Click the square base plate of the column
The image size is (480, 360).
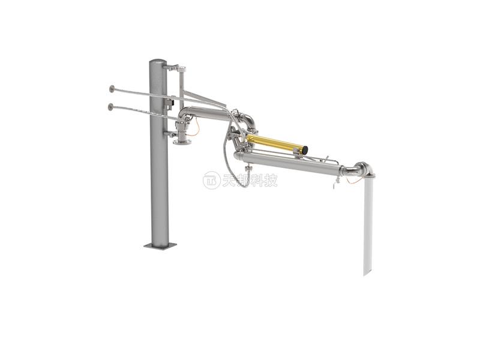coord(160,245)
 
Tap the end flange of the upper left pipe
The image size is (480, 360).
coord(112,89)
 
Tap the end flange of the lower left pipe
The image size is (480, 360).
coord(110,107)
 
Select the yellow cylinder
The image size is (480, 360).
coord(277,142)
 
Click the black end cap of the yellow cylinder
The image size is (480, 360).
coord(305,149)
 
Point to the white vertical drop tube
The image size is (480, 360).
coord(368,224)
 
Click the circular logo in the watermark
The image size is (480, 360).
coord(212,181)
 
